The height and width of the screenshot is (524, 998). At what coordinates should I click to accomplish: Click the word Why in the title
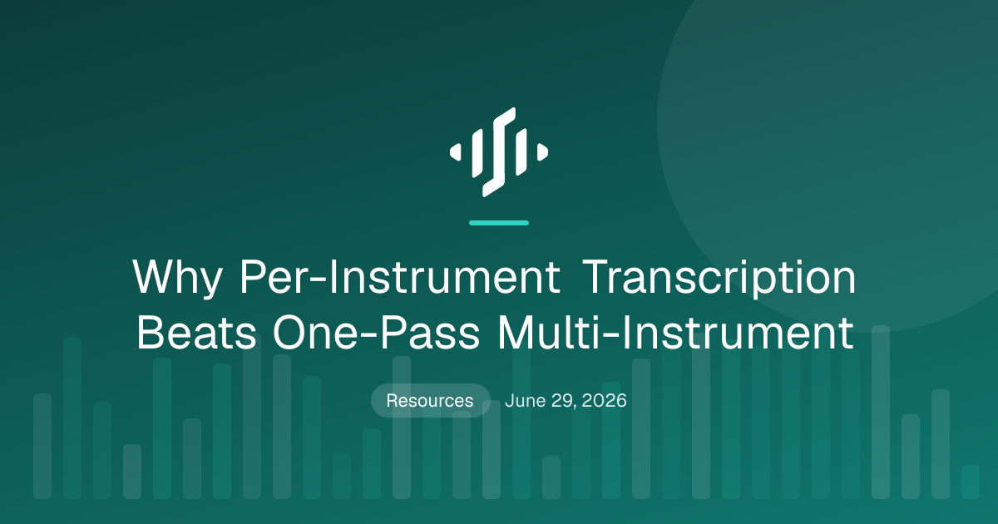click(x=177, y=278)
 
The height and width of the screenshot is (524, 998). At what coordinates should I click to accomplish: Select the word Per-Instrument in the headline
click(x=400, y=276)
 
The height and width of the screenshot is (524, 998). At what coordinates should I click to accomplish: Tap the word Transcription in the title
click(x=719, y=278)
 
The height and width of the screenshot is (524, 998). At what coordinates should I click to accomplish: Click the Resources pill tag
click(x=431, y=400)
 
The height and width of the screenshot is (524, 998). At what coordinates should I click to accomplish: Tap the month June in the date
click(x=525, y=400)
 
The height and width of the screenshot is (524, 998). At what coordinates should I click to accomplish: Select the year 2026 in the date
click(x=604, y=401)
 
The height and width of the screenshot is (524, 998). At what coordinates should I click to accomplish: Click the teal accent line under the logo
click(x=499, y=223)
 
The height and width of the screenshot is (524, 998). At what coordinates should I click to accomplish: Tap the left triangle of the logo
click(x=456, y=152)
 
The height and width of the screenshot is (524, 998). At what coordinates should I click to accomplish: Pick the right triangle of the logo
click(x=542, y=152)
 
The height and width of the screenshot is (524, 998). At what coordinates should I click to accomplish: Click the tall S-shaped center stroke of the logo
click(x=499, y=152)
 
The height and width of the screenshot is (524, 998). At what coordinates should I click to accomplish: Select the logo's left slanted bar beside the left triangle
click(x=477, y=153)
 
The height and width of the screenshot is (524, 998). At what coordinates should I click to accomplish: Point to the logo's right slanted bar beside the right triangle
click(x=521, y=151)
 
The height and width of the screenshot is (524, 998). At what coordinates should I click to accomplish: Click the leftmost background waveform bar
click(x=42, y=446)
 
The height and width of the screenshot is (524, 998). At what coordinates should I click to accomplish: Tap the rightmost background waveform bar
click(x=971, y=482)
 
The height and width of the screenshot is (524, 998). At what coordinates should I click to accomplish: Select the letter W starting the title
click(x=154, y=276)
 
